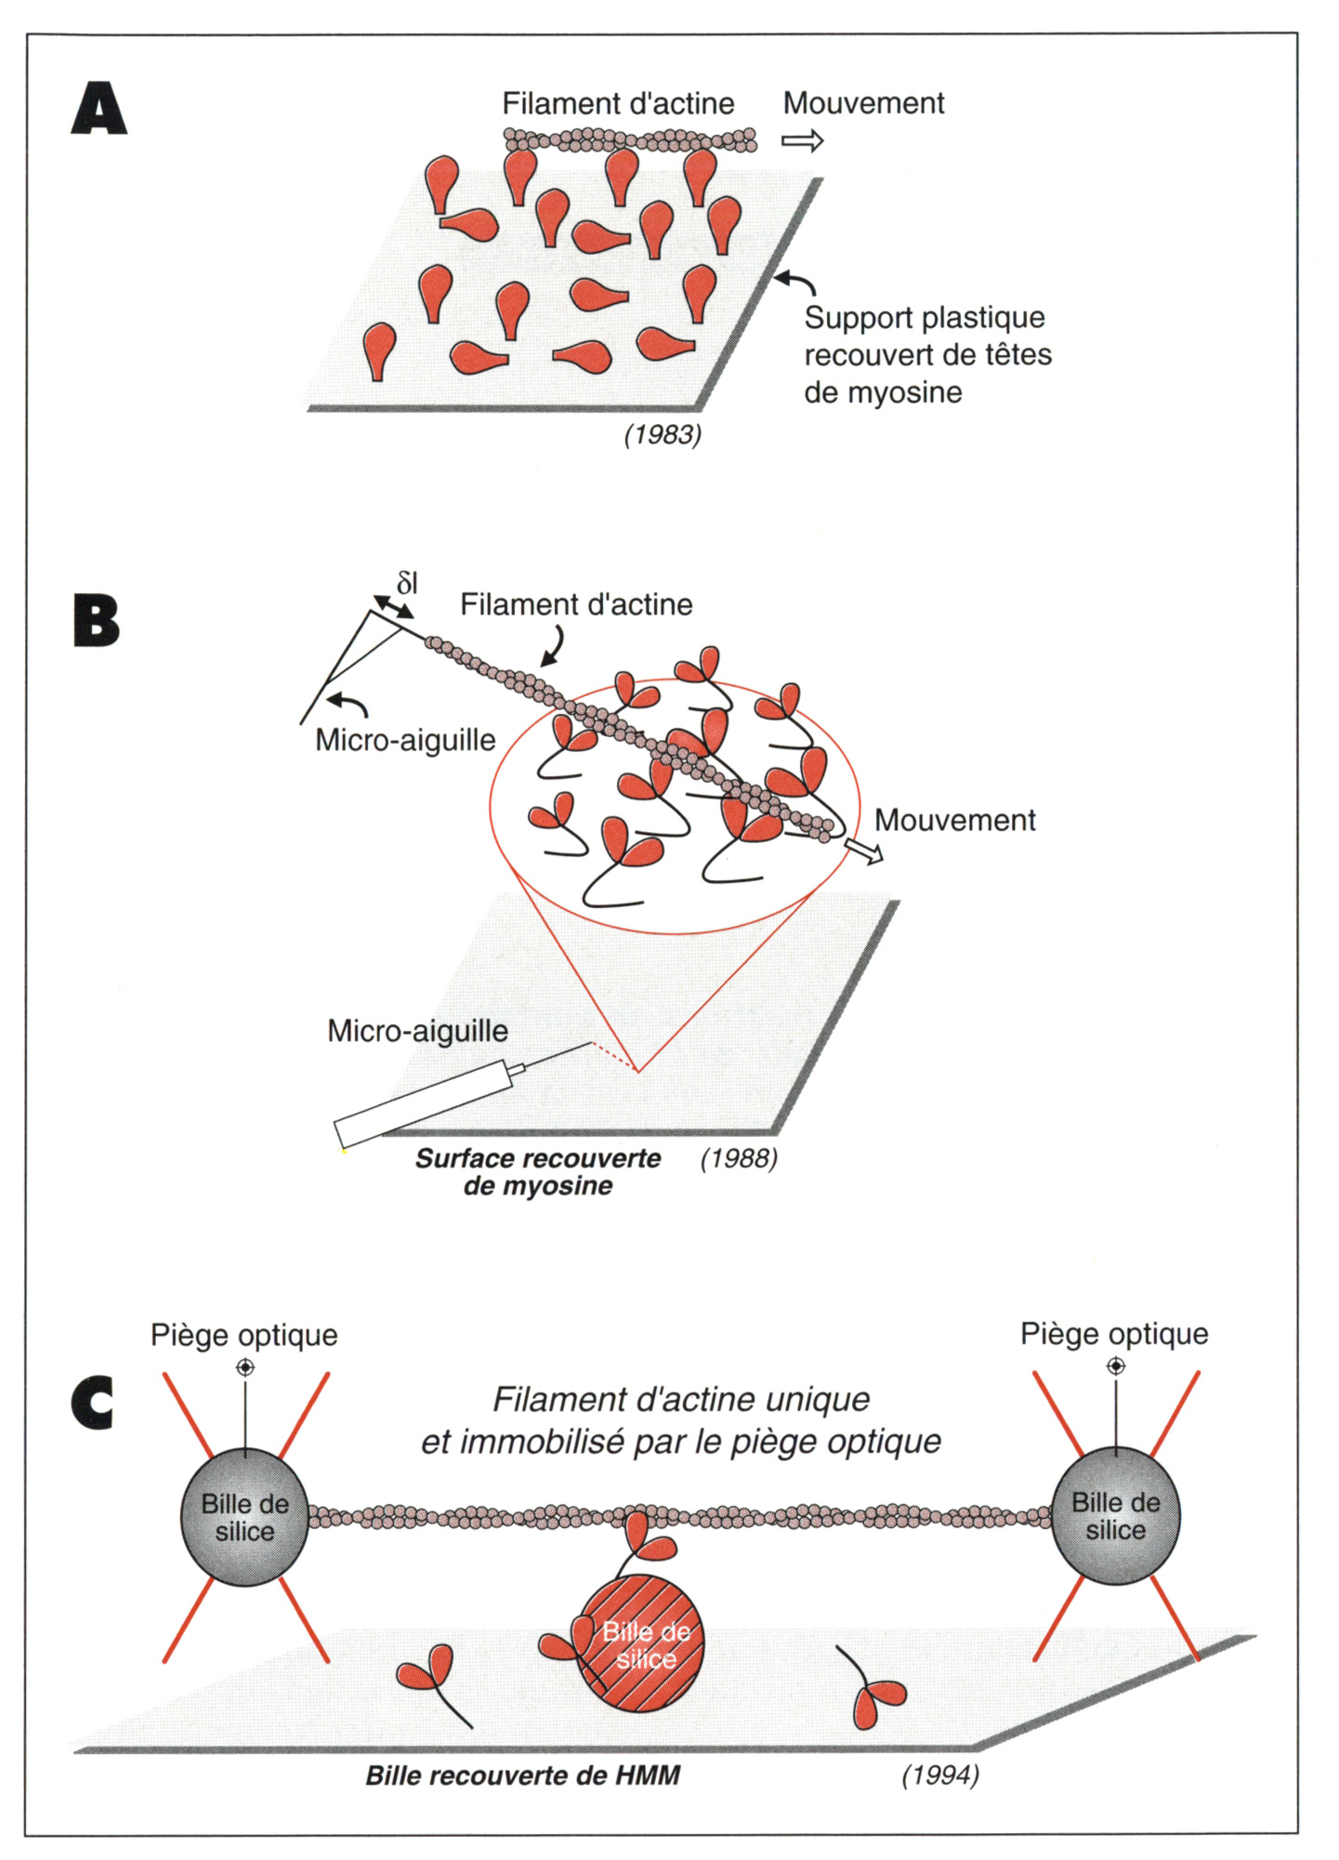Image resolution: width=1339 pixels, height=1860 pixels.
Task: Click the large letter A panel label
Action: coord(98,109)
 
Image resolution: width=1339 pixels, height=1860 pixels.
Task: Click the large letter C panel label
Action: coord(93,1402)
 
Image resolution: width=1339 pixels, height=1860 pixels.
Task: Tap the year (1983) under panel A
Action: coord(663,434)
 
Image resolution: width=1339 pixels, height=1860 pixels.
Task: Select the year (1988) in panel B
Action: coord(739,1158)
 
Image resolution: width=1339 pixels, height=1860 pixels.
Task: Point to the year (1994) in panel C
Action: coord(940,1774)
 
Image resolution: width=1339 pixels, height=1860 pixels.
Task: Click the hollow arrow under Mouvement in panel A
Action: coord(802,141)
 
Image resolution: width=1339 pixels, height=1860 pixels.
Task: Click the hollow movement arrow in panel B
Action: coord(863,851)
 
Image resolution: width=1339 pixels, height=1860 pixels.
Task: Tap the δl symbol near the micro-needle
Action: coord(407,584)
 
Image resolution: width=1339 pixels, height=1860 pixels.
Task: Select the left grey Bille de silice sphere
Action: coord(244,1517)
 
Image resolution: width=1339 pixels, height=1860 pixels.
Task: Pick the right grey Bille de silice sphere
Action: coord(1115,1515)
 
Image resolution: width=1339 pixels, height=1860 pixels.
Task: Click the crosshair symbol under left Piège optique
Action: coord(245,1367)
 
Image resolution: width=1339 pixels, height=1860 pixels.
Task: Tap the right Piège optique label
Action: coord(1114,1334)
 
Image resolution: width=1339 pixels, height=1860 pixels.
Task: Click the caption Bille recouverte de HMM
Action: coord(522,1775)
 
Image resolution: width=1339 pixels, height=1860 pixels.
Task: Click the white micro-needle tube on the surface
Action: coord(423,1103)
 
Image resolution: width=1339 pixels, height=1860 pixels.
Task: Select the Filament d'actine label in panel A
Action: coord(618,103)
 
